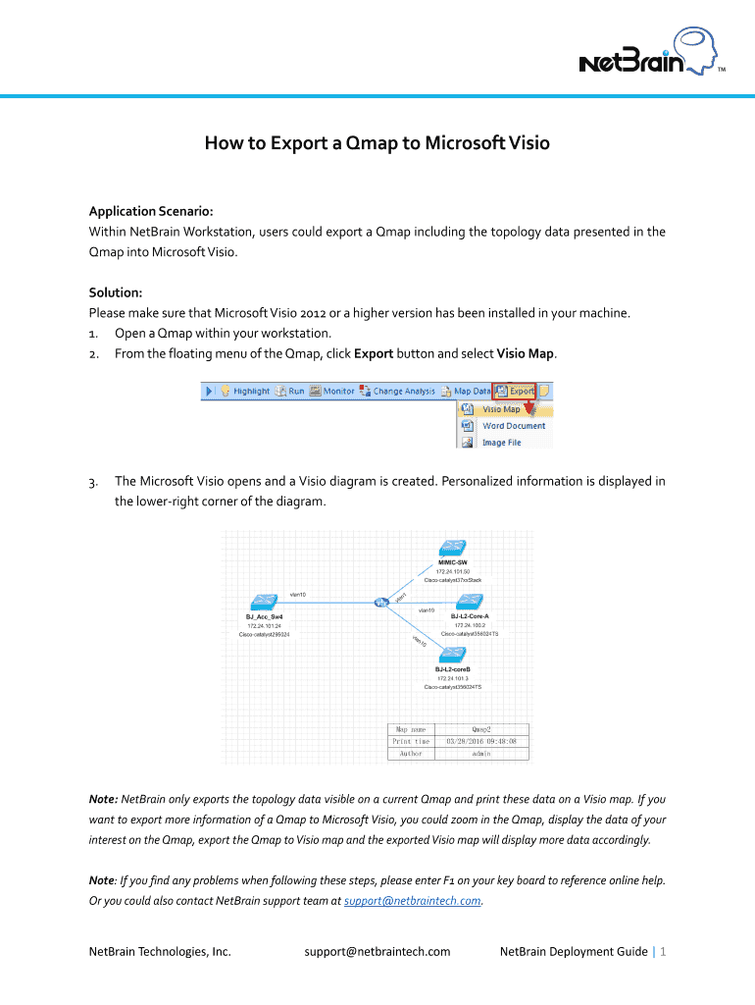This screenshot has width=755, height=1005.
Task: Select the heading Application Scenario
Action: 151,211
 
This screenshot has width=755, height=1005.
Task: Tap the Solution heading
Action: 116,292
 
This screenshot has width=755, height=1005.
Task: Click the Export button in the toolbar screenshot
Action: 516,391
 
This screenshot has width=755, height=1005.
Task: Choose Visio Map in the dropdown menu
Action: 501,409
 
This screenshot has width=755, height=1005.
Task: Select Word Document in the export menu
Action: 514,426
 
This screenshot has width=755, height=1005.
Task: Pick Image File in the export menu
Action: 501,443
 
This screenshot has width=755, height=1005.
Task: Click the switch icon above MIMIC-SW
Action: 453,549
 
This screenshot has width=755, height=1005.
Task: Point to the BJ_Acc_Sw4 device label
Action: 265,616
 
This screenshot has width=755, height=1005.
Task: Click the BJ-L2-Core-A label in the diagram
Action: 470,616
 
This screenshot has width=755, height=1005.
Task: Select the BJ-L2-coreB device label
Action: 453,669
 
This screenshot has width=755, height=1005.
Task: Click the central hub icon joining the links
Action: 381,602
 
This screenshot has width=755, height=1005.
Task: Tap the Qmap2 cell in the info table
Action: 481,729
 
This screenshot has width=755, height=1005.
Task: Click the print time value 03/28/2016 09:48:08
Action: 481,741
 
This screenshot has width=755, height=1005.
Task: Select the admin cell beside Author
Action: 481,753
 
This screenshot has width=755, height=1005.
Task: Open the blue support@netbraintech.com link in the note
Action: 413,900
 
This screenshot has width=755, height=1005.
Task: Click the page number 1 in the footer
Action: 664,951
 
